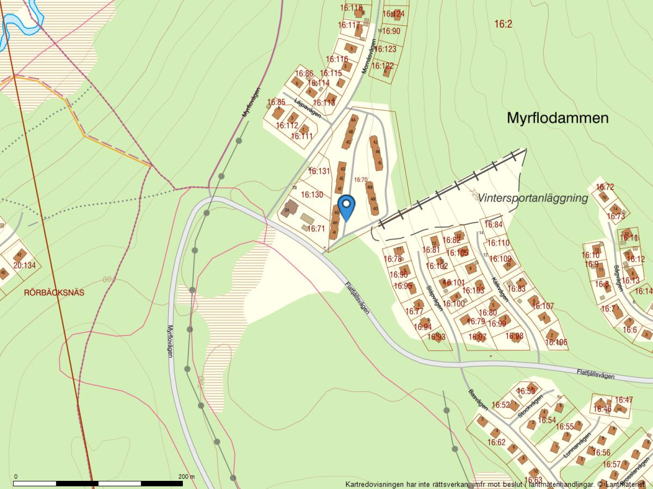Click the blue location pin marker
pos(346,207)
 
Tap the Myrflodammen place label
pos(557,118)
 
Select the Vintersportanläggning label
pos(533,198)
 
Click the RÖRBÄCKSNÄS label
pos(54,293)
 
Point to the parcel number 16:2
pos(503,24)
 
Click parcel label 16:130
pos(312,195)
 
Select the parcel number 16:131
pos(319,171)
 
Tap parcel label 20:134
pos(24,265)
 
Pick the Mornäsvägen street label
pos(369,56)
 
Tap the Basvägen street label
pos(478,400)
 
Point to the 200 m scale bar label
pos(187,476)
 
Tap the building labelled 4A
pos(353,120)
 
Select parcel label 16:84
pos(493,225)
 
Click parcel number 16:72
pos(605,187)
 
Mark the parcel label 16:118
pos(351,8)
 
